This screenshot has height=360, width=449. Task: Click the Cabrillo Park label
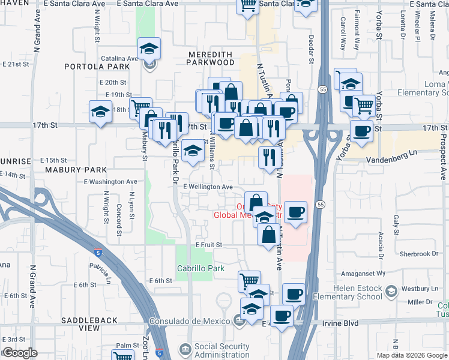[x=200, y=268]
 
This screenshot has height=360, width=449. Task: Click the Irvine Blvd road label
[x=342, y=323]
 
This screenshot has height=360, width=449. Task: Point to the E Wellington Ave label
[x=208, y=187]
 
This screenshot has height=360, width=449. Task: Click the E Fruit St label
[x=208, y=245]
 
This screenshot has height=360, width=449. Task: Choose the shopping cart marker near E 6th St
[x=249, y=280]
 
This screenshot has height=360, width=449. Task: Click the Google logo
[x=20, y=353]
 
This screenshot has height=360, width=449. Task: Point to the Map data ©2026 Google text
[x=411, y=355]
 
